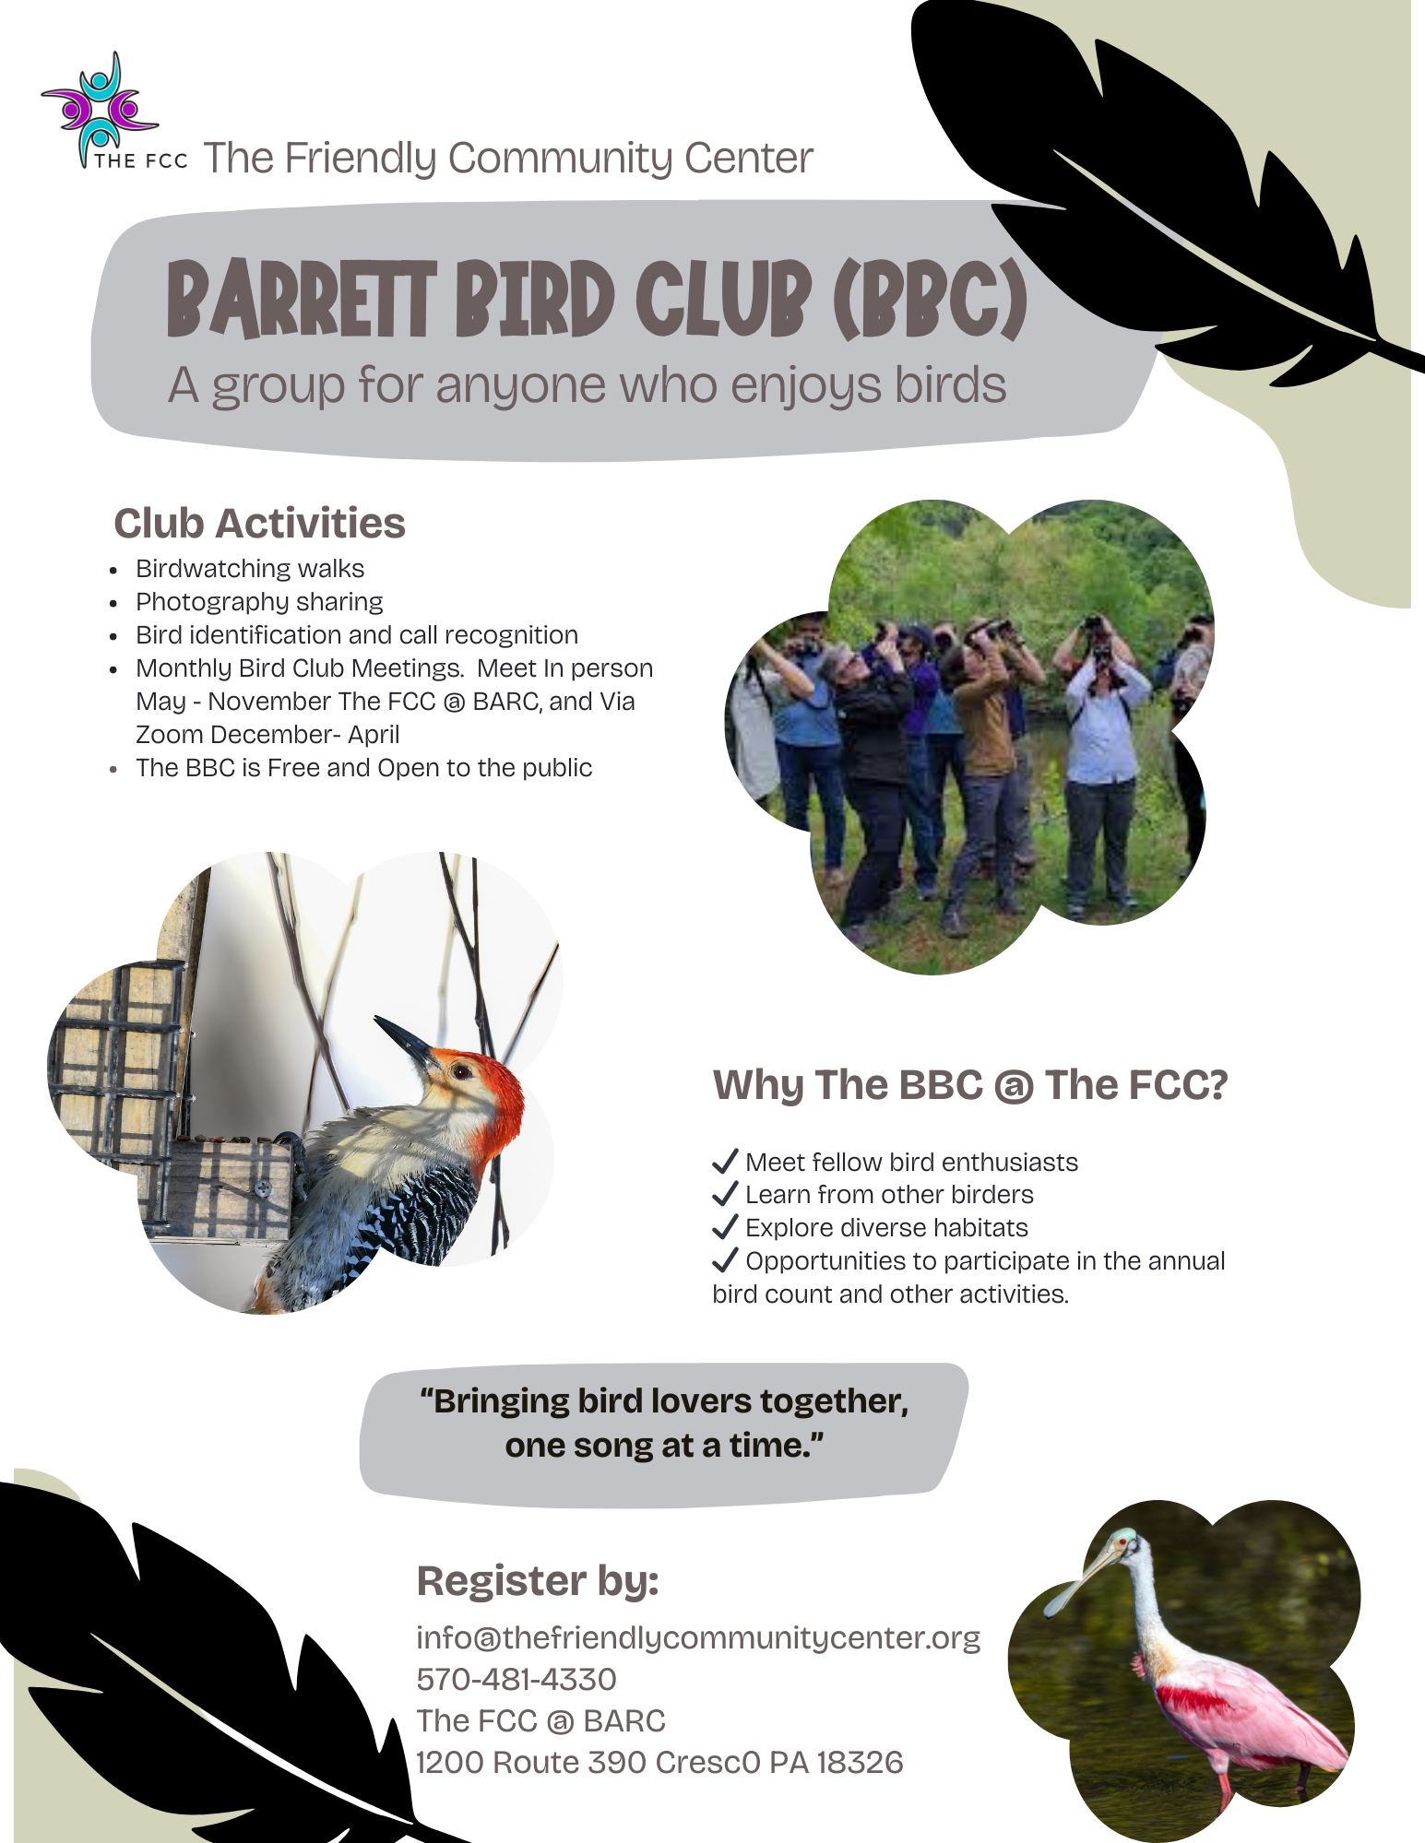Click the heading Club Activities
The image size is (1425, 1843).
click(x=259, y=524)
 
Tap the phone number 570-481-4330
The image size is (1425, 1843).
click(x=517, y=1679)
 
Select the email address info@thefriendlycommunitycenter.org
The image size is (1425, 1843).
click(x=698, y=1638)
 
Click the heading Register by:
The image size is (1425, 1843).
click(x=538, y=1581)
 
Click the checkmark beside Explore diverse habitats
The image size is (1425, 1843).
click(x=726, y=1226)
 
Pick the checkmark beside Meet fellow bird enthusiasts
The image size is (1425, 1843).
click(x=726, y=1160)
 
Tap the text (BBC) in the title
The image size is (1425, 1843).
click(x=930, y=299)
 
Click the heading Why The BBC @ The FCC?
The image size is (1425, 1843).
click(x=970, y=1085)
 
